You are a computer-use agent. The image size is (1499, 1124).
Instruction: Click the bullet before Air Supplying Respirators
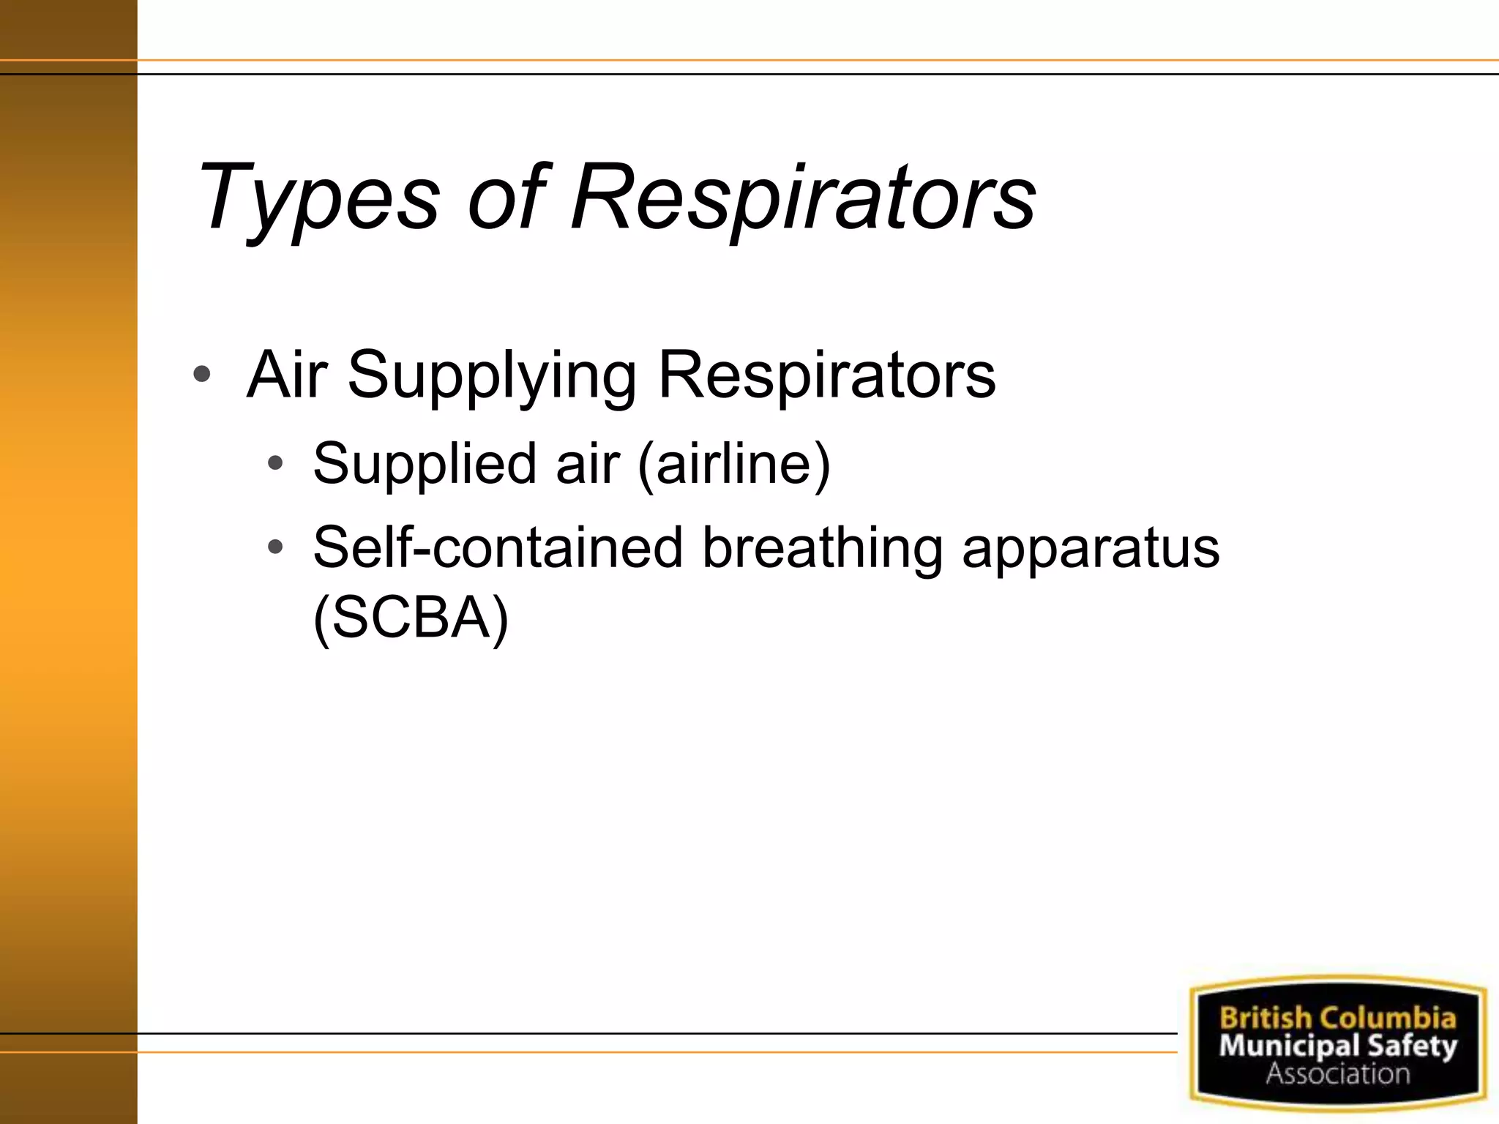[x=202, y=375]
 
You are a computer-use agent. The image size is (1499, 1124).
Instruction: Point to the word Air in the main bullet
[x=287, y=375]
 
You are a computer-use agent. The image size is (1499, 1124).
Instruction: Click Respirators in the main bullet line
[x=827, y=375]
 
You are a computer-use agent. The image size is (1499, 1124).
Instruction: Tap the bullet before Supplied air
[x=275, y=463]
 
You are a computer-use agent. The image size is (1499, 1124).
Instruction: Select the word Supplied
[x=425, y=464]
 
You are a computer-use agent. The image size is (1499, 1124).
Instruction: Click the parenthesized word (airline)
[x=734, y=464]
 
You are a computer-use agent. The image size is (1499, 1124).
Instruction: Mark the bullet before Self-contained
[x=275, y=547]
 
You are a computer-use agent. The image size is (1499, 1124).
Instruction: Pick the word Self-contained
[x=498, y=547]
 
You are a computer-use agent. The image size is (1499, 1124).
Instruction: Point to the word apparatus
[x=1091, y=548]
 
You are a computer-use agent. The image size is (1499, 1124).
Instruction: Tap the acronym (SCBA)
[x=410, y=617]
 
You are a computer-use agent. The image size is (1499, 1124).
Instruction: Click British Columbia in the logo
[x=1337, y=1018]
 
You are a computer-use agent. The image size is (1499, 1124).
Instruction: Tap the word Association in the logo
[x=1337, y=1074]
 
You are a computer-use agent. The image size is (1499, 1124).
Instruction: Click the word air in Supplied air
[x=587, y=464]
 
